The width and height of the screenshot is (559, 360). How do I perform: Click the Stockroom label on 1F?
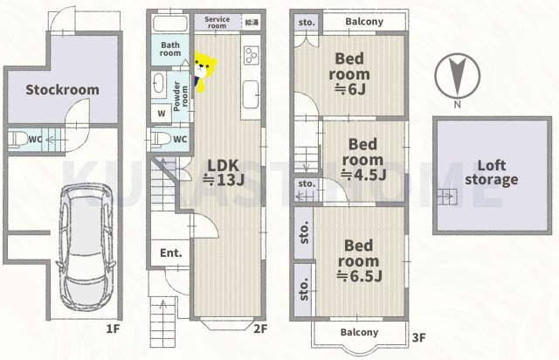(62, 89)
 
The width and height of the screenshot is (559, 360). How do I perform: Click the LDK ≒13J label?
(224, 173)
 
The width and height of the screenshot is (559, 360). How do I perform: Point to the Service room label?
(217, 23)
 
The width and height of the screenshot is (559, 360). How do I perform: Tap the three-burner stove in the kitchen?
(251, 55)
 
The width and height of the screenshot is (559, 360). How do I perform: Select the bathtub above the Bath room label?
(170, 24)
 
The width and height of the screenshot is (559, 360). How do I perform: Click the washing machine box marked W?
(161, 114)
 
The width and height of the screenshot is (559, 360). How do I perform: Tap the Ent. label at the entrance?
(171, 253)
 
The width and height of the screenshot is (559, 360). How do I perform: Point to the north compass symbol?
(457, 77)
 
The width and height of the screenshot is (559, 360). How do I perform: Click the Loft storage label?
(491, 172)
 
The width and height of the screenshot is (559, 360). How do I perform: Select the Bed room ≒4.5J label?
(363, 160)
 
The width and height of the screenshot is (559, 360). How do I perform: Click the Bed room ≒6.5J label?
(359, 260)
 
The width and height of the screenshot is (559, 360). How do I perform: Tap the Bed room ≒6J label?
(349, 74)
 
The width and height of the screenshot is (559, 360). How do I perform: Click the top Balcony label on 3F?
(364, 22)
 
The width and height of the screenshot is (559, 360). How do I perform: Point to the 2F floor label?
(260, 329)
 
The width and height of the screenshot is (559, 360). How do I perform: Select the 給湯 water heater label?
(252, 22)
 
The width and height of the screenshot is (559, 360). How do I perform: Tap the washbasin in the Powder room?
(158, 84)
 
